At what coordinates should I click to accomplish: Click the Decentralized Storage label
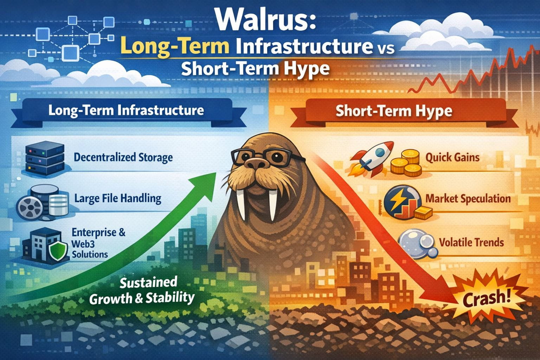(123, 157)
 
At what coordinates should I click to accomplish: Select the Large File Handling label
(118, 199)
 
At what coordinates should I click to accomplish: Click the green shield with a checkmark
(58, 251)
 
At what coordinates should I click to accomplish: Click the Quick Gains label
(452, 158)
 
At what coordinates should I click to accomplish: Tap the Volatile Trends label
(471, 242)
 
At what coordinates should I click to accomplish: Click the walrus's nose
(256, 164)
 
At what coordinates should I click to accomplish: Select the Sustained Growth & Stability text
(142, 290)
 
